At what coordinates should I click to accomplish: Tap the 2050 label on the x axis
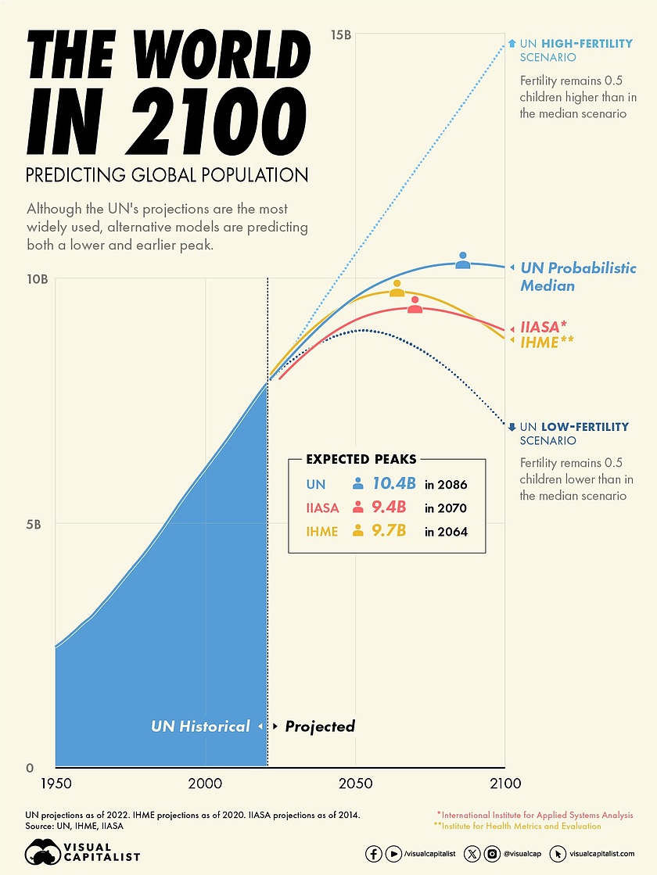[355, 783]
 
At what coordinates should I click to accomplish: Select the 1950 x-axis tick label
[55, 783]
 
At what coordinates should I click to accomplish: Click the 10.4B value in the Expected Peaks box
[393, 484]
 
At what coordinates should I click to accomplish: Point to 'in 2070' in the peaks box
[446, 508]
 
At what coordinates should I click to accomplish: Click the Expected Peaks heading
[361, 459]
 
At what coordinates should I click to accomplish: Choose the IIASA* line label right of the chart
[543, 327]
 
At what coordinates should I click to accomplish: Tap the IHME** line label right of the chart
[547, 342]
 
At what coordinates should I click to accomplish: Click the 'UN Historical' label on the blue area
[200, 726]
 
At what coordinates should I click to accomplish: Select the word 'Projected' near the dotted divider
[319, 726]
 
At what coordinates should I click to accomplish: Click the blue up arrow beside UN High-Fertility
[512, 44]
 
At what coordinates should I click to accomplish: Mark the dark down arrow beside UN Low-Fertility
[512, 427]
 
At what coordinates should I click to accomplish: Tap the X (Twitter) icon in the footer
[472, 854]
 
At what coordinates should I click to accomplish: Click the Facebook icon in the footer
[374, 854]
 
